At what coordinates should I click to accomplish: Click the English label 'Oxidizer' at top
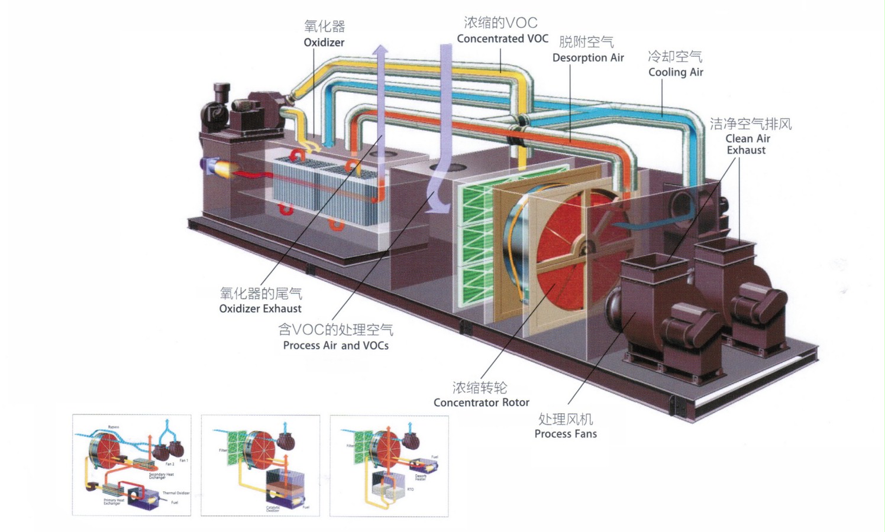click(324, 43)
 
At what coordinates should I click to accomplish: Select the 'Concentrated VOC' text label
click(502, 39)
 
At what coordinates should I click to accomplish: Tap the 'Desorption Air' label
click(588, 58)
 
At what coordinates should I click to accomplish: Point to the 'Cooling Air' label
click(676, 72)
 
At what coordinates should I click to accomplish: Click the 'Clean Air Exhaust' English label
click(747, 144)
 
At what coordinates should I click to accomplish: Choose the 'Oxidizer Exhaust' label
click(260, 309)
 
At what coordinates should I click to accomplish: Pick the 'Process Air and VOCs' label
click(335, 345)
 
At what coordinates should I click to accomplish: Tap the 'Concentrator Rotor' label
click(481, 403)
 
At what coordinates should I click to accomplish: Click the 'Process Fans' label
click(566, 434)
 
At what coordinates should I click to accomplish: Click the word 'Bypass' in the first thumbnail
click(113, 427)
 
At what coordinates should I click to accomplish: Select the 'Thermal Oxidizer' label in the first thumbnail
click(176, 493)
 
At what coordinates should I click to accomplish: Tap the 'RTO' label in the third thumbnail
click(410, 489)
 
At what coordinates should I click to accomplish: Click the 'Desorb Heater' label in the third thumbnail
click(421, 477)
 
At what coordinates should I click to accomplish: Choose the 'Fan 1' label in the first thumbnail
click(183, 460)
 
